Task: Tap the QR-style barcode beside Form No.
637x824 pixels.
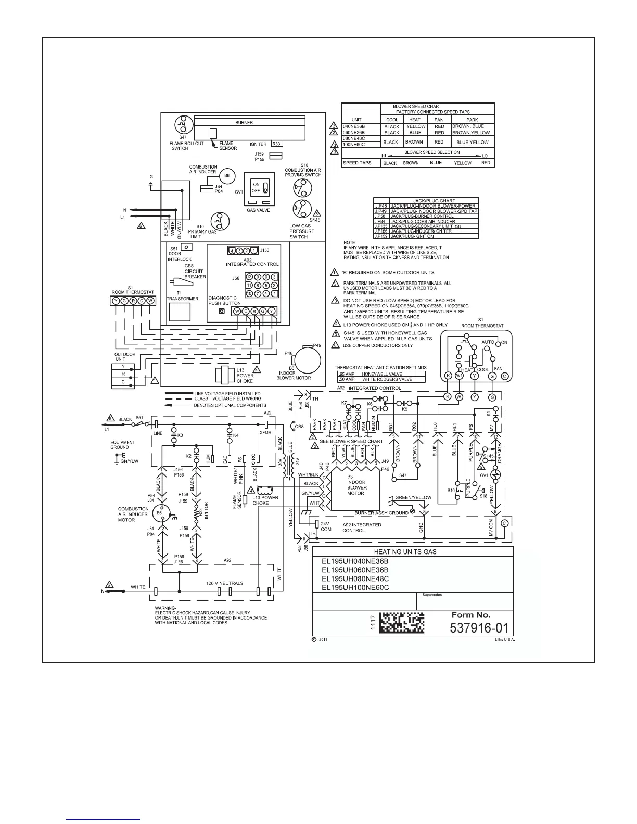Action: click(401, 622)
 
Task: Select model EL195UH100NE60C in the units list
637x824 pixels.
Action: click(355, 587)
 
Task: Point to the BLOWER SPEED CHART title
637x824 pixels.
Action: click(417, 106)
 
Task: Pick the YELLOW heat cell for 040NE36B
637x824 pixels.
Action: click(416, 126)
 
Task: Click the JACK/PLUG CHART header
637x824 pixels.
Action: click(426, 201)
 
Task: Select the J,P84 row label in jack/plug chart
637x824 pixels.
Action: click(381, 221)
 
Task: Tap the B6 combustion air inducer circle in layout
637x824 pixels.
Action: click(226, 176)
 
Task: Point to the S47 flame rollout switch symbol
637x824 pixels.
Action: click(181, 124)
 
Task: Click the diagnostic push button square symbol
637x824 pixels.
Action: click(222, 312)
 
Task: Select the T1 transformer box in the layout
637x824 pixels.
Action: click(180, 312)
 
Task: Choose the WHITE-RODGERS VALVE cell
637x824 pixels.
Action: click(393, 379)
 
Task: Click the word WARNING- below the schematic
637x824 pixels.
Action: click(166, 608)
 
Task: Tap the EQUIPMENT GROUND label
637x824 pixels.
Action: click(123, 445)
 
